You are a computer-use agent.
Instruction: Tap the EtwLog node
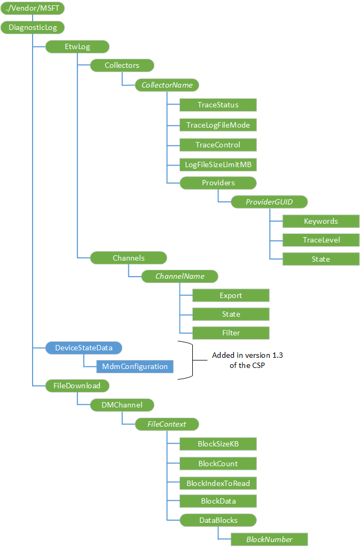(x=77, y=46)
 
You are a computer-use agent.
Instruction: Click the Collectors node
(x=122, y=65)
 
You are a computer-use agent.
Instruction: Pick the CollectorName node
(x=167, y=85)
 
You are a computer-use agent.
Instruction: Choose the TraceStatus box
(x=218, y=105)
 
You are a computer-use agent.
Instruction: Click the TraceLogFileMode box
(x=218, y=125)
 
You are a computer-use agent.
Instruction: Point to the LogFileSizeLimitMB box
(x=218, y=164)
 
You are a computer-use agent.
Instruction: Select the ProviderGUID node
(x=269, y=202)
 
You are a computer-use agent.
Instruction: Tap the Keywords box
(x=320, y=221)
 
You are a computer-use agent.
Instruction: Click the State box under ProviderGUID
(x=320, y=259)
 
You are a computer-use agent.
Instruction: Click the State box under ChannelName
(x=231, y=314)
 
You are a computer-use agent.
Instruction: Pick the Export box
(x=231, y=295)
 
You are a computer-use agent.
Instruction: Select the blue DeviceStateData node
(x=84, y=348)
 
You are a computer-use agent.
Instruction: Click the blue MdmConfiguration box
(x=135, y=366)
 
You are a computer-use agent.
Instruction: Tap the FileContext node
(x=167, y=424)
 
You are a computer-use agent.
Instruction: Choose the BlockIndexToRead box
(x=218, y=483)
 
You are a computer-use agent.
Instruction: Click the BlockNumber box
(x=269, y=539)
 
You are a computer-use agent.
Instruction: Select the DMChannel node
(x=122, y=405)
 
